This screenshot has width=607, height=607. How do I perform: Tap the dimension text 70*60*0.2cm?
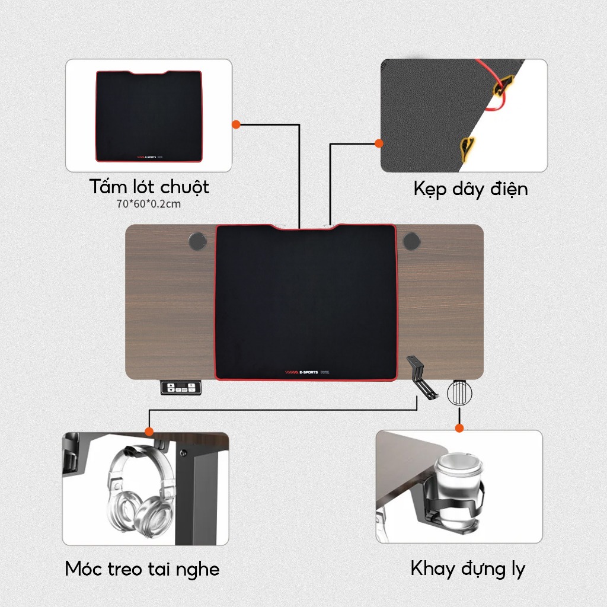[149, 204]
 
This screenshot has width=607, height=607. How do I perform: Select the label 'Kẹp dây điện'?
[471, 189]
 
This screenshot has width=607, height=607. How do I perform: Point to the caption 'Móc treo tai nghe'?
[142, 570]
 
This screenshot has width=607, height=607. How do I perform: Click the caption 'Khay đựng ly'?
[468, 570]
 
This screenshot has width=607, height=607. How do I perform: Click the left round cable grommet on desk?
[197, 241]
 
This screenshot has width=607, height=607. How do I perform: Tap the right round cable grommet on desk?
[411, 241]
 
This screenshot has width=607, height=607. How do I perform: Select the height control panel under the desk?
[181, 388]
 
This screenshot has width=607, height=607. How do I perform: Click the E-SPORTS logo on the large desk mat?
[307, 372]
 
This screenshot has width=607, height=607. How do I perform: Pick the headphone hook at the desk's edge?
[420, 378]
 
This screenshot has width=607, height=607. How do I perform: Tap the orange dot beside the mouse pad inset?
[236, 124]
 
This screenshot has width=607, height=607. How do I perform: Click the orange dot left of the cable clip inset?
[379, 143]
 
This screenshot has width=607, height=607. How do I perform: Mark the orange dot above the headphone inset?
[149, 432]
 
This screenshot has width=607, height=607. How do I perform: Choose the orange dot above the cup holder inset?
[459, 428]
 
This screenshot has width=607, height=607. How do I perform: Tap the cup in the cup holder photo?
[459, 488]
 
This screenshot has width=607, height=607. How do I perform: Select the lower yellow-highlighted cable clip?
[468, 148]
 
